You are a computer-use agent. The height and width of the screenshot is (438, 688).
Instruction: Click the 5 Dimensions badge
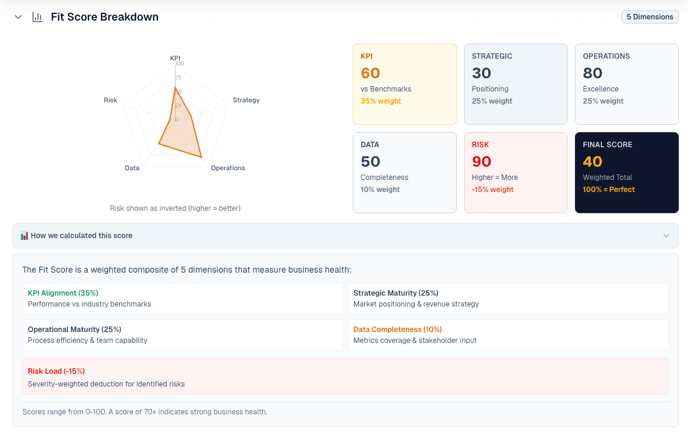649,17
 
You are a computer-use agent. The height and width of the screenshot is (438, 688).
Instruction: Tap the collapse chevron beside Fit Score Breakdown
18,17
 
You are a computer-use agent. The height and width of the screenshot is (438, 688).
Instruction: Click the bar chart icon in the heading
38,17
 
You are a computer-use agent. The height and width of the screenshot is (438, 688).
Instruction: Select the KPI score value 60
370,73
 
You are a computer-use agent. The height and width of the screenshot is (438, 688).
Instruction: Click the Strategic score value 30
482,73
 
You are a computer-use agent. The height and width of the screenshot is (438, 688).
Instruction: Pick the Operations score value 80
592,73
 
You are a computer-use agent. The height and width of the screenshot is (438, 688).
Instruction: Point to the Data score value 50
370,162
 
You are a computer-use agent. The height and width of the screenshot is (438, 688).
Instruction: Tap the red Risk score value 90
482,162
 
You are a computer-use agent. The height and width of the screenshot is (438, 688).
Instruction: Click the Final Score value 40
592,162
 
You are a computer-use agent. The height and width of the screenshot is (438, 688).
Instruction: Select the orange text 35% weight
381,101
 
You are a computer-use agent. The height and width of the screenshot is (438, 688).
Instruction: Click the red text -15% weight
493,190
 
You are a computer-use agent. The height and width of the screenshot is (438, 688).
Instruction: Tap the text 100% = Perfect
609,190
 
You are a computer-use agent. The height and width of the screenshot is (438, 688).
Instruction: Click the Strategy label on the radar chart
246,100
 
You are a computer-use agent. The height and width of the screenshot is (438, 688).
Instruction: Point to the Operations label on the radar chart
228,168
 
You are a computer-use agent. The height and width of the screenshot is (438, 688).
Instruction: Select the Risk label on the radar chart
110,100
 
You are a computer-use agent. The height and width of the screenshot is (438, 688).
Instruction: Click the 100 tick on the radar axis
180,64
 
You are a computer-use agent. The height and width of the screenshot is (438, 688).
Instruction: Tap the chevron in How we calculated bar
666,236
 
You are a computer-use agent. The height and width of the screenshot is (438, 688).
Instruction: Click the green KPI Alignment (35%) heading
63,293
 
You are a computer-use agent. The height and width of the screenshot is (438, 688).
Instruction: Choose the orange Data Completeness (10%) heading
398,330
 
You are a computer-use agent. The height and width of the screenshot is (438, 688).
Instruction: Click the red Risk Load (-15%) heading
56,371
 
